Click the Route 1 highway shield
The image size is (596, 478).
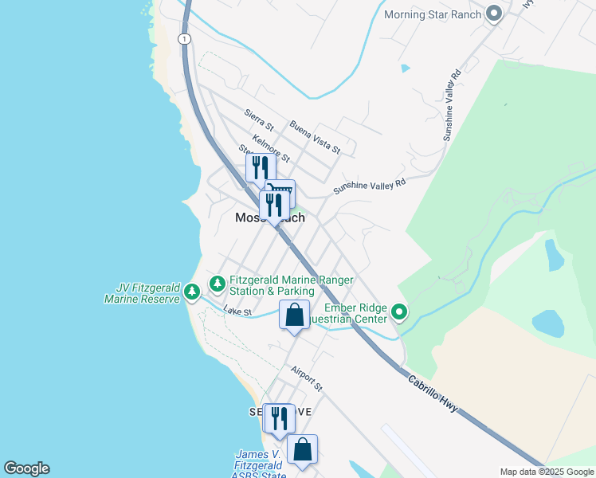click(185, 38)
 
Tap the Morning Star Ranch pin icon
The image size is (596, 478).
click(494, 14)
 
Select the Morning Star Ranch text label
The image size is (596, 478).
click(433, 14)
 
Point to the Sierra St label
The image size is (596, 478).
click(259, 120)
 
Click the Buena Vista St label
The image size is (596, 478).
click(315, 137)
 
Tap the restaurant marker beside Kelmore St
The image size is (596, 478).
click(261, 167)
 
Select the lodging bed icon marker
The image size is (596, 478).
click(280, 192)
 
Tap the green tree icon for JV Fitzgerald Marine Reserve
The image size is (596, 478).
click(191, 292)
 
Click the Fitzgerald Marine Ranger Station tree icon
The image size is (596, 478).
click(217, 284)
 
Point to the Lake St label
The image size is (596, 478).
click(237, 311)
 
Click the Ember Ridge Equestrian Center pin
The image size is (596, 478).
click(399, 312)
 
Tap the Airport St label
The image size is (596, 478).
click(306, 378)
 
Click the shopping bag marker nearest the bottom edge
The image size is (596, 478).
click(302, 449)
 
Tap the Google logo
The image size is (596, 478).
click(26, 468)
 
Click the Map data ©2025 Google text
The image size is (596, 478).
click(547, 472)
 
